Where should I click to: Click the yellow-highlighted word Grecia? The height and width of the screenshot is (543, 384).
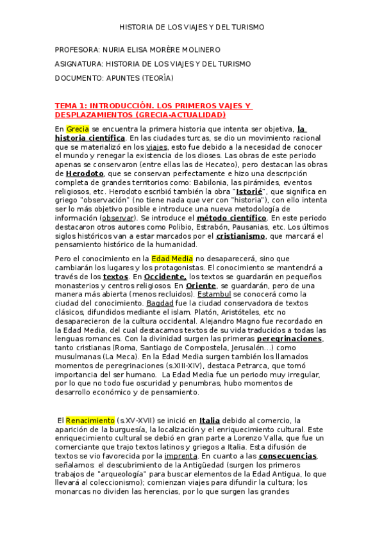(78, 129)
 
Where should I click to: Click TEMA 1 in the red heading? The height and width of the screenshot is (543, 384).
(69, 106)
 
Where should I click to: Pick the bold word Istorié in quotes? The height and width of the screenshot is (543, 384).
(249, 191)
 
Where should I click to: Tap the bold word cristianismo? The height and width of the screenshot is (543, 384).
(240, 236)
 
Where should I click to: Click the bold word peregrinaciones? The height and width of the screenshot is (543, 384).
(289, 339)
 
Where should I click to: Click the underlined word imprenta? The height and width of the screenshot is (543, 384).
(181, 456)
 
